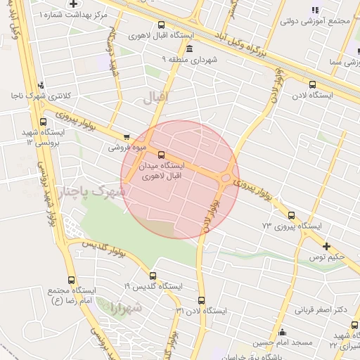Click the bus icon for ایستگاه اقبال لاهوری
161,25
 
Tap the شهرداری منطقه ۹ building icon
191,49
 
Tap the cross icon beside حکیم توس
326,246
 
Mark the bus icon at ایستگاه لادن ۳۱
202,300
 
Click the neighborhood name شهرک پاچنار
91,191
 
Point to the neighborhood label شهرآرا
126,307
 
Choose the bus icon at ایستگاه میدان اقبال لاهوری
162,155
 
